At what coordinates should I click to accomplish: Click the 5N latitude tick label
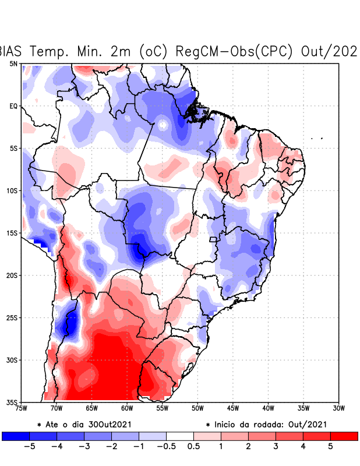click(13, 63)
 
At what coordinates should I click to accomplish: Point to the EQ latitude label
click(13, 106)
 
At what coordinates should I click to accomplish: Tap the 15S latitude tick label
click(12, 233)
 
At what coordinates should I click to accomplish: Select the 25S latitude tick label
click(12, 317)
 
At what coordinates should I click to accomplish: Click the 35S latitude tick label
click(12, 402)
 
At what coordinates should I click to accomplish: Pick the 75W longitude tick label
click(22, 408)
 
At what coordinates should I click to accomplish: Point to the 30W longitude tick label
click(338, 408)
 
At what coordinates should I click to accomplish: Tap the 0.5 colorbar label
click(194, 446)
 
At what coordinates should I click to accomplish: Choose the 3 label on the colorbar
click(276, 446)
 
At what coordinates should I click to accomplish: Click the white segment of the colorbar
click(180, 436)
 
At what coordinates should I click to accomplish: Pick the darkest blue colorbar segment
click(16, 436)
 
